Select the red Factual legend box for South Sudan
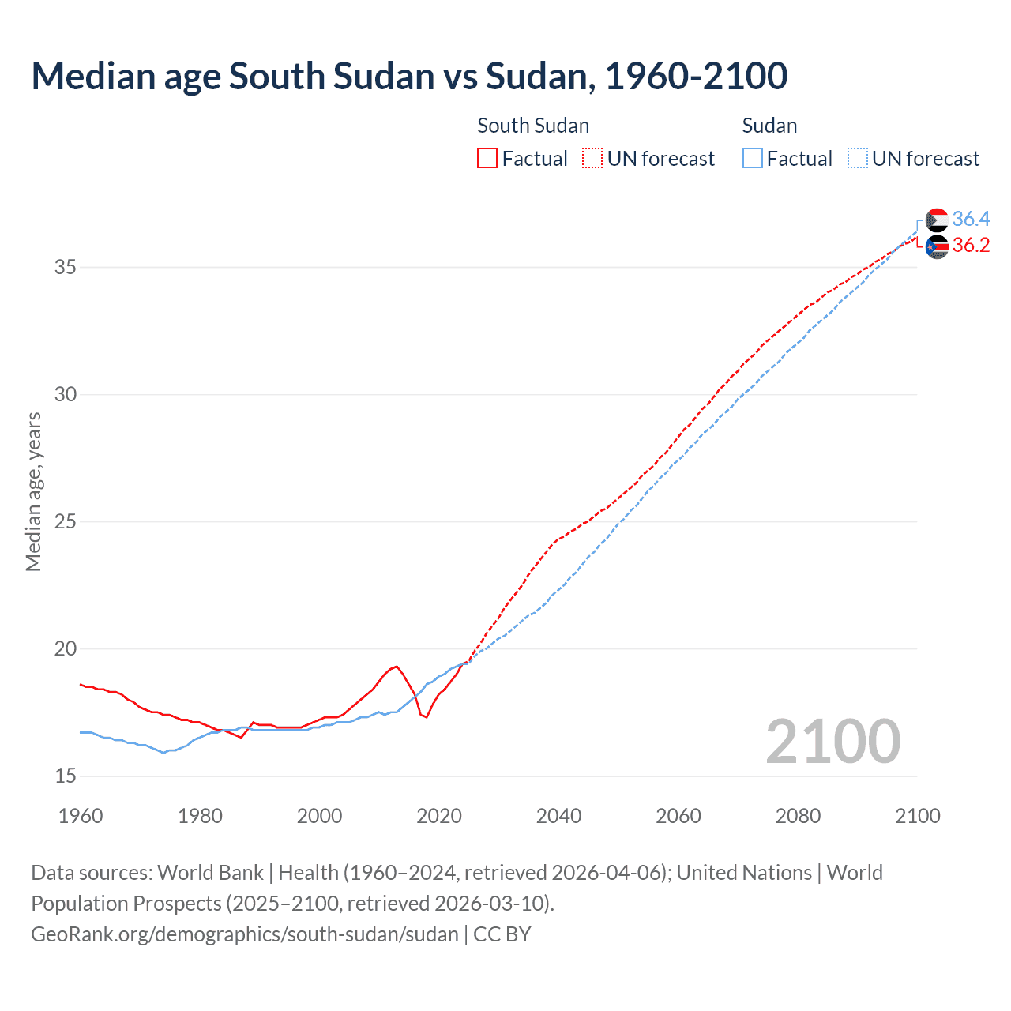pyautogui.click(x=487, y=158)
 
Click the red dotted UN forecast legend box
pyautogui.click(x=592, y=158)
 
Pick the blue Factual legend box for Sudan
pyautogui.click(x=752, y=158)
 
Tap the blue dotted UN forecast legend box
pyautogui.click(x=857, y=158)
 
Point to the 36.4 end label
pyautogui.click(x=971, y=219)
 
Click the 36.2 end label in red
pyautogui.click(x=971, y=246)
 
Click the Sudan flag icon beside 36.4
pyautogui.click(x=937, y=220)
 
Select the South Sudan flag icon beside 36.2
pyautogui.click(x=937, y=246)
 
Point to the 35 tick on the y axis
pyautogui.click(x=65, y=267)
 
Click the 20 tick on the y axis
pyautogui.click(x=65, y=649)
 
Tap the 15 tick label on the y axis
pyautogui.click(x=65, y=776)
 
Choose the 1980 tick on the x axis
pyautogui.click(x=200, y=816)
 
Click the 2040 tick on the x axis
pyautogui.click(x=558, y=816)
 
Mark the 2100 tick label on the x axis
pyautogui.click(x=917, y=816)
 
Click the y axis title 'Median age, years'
pyautogui.click(x=33, y=491)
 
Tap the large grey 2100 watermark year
pyautogui.click(x=832, y=741)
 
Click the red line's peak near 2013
pyautogui.click(x=397, y=667)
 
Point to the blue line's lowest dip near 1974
pyautogui.click(x=163, y=753)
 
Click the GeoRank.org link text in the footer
pyautogui.click(x=245, y=934)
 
